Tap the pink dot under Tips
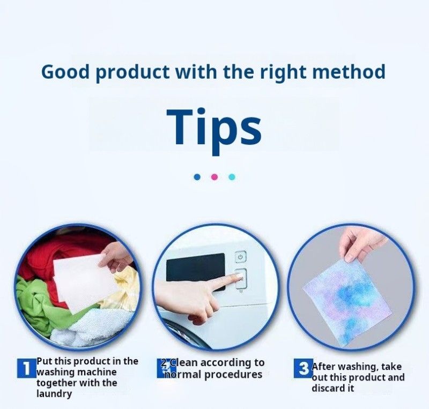pos(214,177)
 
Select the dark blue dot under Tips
pos(197,177)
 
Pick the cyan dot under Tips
pos(232,177)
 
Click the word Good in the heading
pos(65,72)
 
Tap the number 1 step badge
pos(27,368)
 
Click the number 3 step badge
pos(304,368)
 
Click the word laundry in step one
pos(54,394)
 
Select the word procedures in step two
pos(233,374)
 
